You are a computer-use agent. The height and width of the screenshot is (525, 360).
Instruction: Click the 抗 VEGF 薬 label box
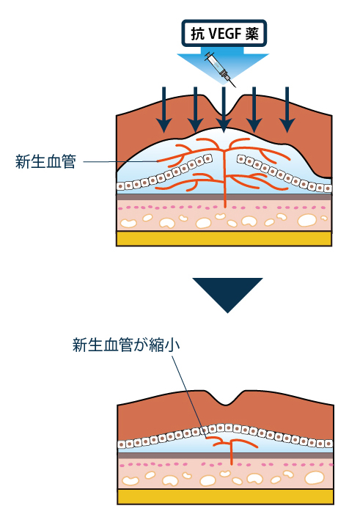(224, 33)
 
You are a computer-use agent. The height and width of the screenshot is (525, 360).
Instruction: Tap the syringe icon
(220, 70)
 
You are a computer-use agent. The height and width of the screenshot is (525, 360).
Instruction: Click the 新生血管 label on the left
(45, 161)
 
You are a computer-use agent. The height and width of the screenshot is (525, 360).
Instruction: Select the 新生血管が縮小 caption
(126, 345)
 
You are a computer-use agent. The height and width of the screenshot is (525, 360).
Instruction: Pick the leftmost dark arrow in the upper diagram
(164, 110)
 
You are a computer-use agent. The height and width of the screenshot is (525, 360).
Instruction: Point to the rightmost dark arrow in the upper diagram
(287, 110)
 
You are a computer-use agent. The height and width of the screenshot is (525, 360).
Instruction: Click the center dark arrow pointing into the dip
(224, 110)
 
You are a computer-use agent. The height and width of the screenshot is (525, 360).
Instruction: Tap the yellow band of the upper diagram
(224, 239)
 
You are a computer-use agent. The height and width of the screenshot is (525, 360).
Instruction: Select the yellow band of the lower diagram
(225, 496)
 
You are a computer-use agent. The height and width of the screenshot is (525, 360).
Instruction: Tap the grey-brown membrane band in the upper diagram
(224, 197)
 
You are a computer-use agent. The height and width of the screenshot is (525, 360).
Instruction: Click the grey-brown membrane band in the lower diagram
(225, 455)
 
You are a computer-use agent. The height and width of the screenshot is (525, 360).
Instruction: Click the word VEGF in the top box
(224, 34)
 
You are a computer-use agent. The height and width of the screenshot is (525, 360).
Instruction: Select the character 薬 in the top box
(251, 34)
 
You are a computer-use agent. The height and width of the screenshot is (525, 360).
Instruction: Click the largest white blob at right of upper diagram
(306, 220)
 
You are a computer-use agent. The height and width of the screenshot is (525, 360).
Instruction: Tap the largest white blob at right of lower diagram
(315, 478)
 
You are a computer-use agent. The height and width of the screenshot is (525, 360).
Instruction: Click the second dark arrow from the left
(196, 110)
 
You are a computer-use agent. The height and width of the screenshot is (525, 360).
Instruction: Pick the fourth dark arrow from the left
(254, 110)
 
